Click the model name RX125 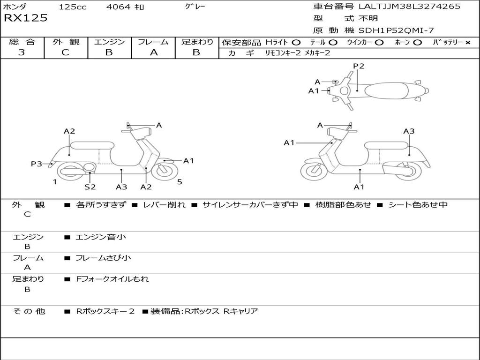tap(26, 18)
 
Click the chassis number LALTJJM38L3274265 tap(409, 6)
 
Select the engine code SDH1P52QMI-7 tap(396, 30)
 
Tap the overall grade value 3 tap(22, 52)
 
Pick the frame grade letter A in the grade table tap(154, 52)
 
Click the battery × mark tap(468, 43)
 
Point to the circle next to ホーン tap(417, 43)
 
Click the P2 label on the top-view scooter tap(359, 66)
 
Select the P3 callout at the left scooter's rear tap(37, 164)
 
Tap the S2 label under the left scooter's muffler tap(90, 187)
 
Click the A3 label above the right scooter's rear tap(409, 131)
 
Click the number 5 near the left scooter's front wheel tap(180, 182)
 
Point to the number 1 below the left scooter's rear tap(55, 182)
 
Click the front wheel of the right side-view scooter tap(314, 170)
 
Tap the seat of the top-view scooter tap(386, 90)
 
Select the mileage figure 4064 tap(119, 7)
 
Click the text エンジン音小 tap(101, 237)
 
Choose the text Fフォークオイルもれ tap(112, 279)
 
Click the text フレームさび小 tap(103, 258)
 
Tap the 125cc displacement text tap(73, 7)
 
